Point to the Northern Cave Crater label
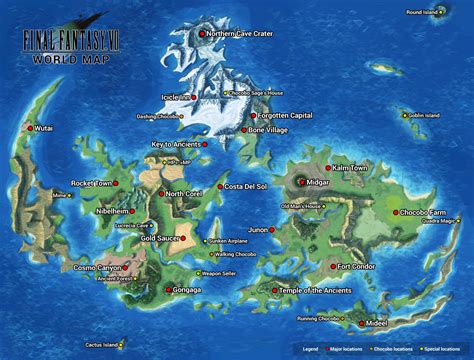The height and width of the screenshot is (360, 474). click(240, 34)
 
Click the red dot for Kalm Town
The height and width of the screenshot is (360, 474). click(328, 167)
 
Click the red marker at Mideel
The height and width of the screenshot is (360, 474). click(363, 326)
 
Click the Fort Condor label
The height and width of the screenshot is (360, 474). click(357, 267)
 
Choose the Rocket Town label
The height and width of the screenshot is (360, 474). click(91, 183)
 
